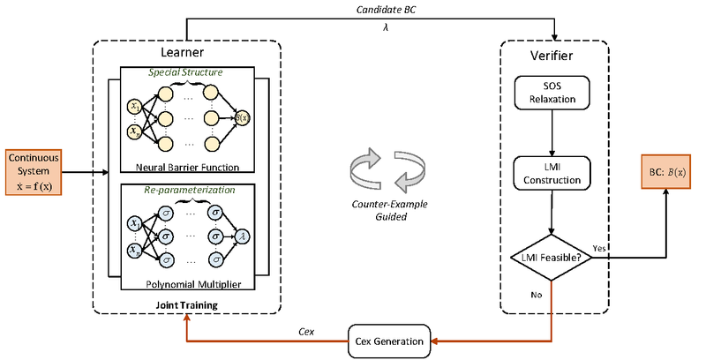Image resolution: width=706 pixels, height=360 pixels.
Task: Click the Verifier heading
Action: tap(554, 55)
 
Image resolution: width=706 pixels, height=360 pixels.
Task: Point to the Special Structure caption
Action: tap(185, 72)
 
